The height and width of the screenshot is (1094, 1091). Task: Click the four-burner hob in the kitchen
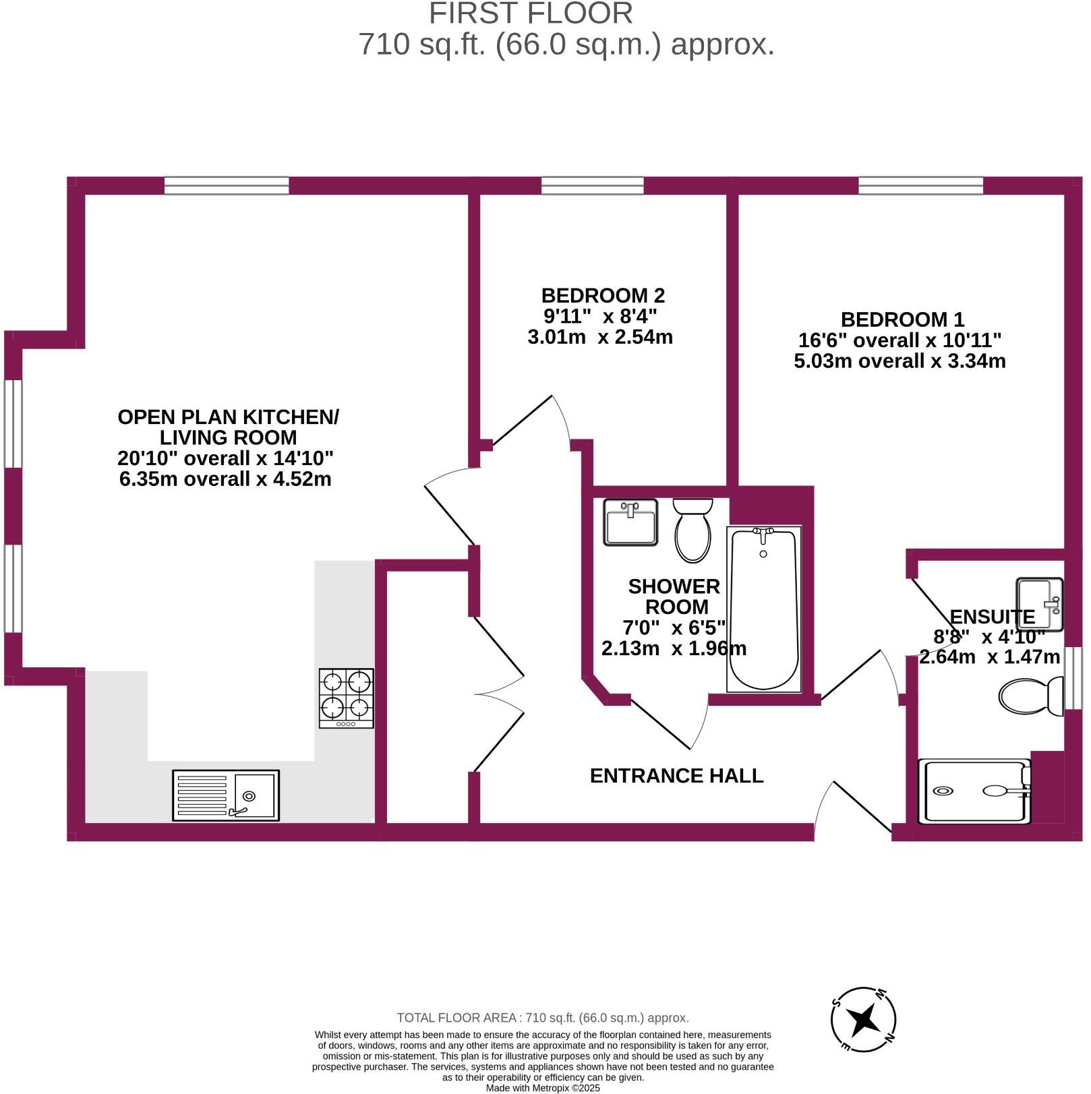point(346,698)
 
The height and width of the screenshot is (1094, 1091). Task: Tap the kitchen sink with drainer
point(226,795)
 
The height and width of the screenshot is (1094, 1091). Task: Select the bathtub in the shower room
point(763,609)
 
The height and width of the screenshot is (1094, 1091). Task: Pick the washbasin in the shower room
point(630,522)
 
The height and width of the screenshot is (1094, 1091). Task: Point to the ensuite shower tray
point(974,791)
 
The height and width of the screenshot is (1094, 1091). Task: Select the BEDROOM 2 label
point(603,295)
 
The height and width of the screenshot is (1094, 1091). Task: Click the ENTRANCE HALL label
point(676,776)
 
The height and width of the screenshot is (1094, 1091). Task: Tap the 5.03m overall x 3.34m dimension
point(900,361)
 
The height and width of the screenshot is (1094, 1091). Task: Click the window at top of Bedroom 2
point(593,185)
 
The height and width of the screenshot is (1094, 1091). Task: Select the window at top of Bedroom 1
point(920,185)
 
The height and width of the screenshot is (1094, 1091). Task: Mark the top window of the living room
point(227,185)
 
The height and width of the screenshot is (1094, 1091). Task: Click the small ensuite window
point(1073,678)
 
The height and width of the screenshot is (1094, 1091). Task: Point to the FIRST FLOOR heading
point(531,13)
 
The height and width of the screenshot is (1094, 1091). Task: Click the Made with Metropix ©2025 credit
point(543,1088)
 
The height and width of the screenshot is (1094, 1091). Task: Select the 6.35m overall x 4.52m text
point(225,479)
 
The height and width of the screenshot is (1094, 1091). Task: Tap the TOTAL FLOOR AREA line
point(543,1018)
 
